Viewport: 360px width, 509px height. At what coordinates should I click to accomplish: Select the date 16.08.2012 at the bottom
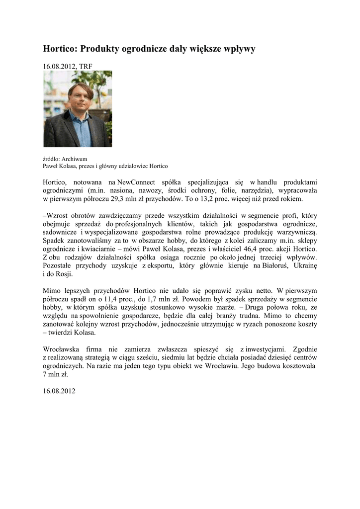point(59,391)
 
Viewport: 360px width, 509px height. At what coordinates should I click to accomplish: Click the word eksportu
point(159,265)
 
